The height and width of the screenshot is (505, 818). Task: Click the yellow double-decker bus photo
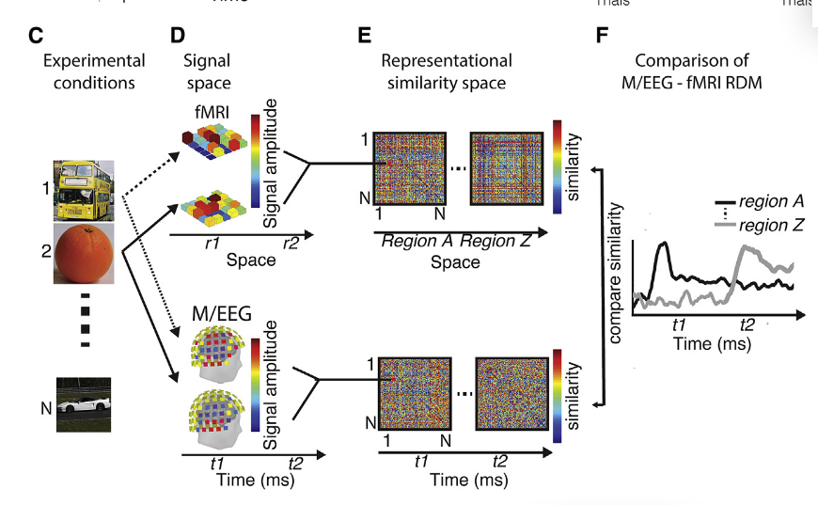click(x=85, y=190)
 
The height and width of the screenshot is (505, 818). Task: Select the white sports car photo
click(x=84, y=404)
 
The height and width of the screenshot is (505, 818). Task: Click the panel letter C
click(x=36, y=37)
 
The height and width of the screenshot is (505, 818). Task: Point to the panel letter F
click(x=602, y=37)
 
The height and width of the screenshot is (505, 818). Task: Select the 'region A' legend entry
click(x=771, y=201)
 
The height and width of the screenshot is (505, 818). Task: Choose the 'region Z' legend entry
click(x=771, y=225)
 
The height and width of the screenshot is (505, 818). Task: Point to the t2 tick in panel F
click(x=747, y=324)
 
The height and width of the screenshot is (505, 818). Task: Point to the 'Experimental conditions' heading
click(x=94, y=71)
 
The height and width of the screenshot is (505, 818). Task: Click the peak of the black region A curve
click(x=663, y=244)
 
